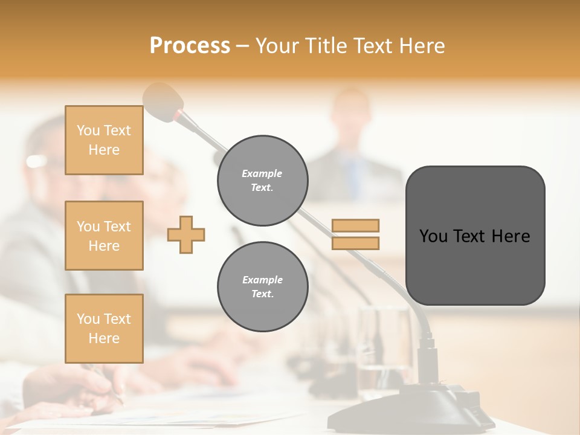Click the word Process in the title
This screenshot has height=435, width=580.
tap(190, 46)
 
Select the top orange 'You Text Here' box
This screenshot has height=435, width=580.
tap(104, 140)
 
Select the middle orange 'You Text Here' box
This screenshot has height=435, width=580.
tap(104, 236)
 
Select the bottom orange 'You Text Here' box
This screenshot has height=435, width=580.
tap(104, 328)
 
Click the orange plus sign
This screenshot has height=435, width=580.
tap(186, 234)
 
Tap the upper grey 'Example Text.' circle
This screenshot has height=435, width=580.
tap(262, 181)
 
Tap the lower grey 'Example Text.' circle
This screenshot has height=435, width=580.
tap(262, 286)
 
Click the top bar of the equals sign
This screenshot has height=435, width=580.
tap(355, 225)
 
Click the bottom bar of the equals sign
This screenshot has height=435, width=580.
tap(355, 243)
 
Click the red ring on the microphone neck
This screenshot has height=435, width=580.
tap(179, 114)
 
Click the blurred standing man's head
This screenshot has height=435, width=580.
tap(352, 115)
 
